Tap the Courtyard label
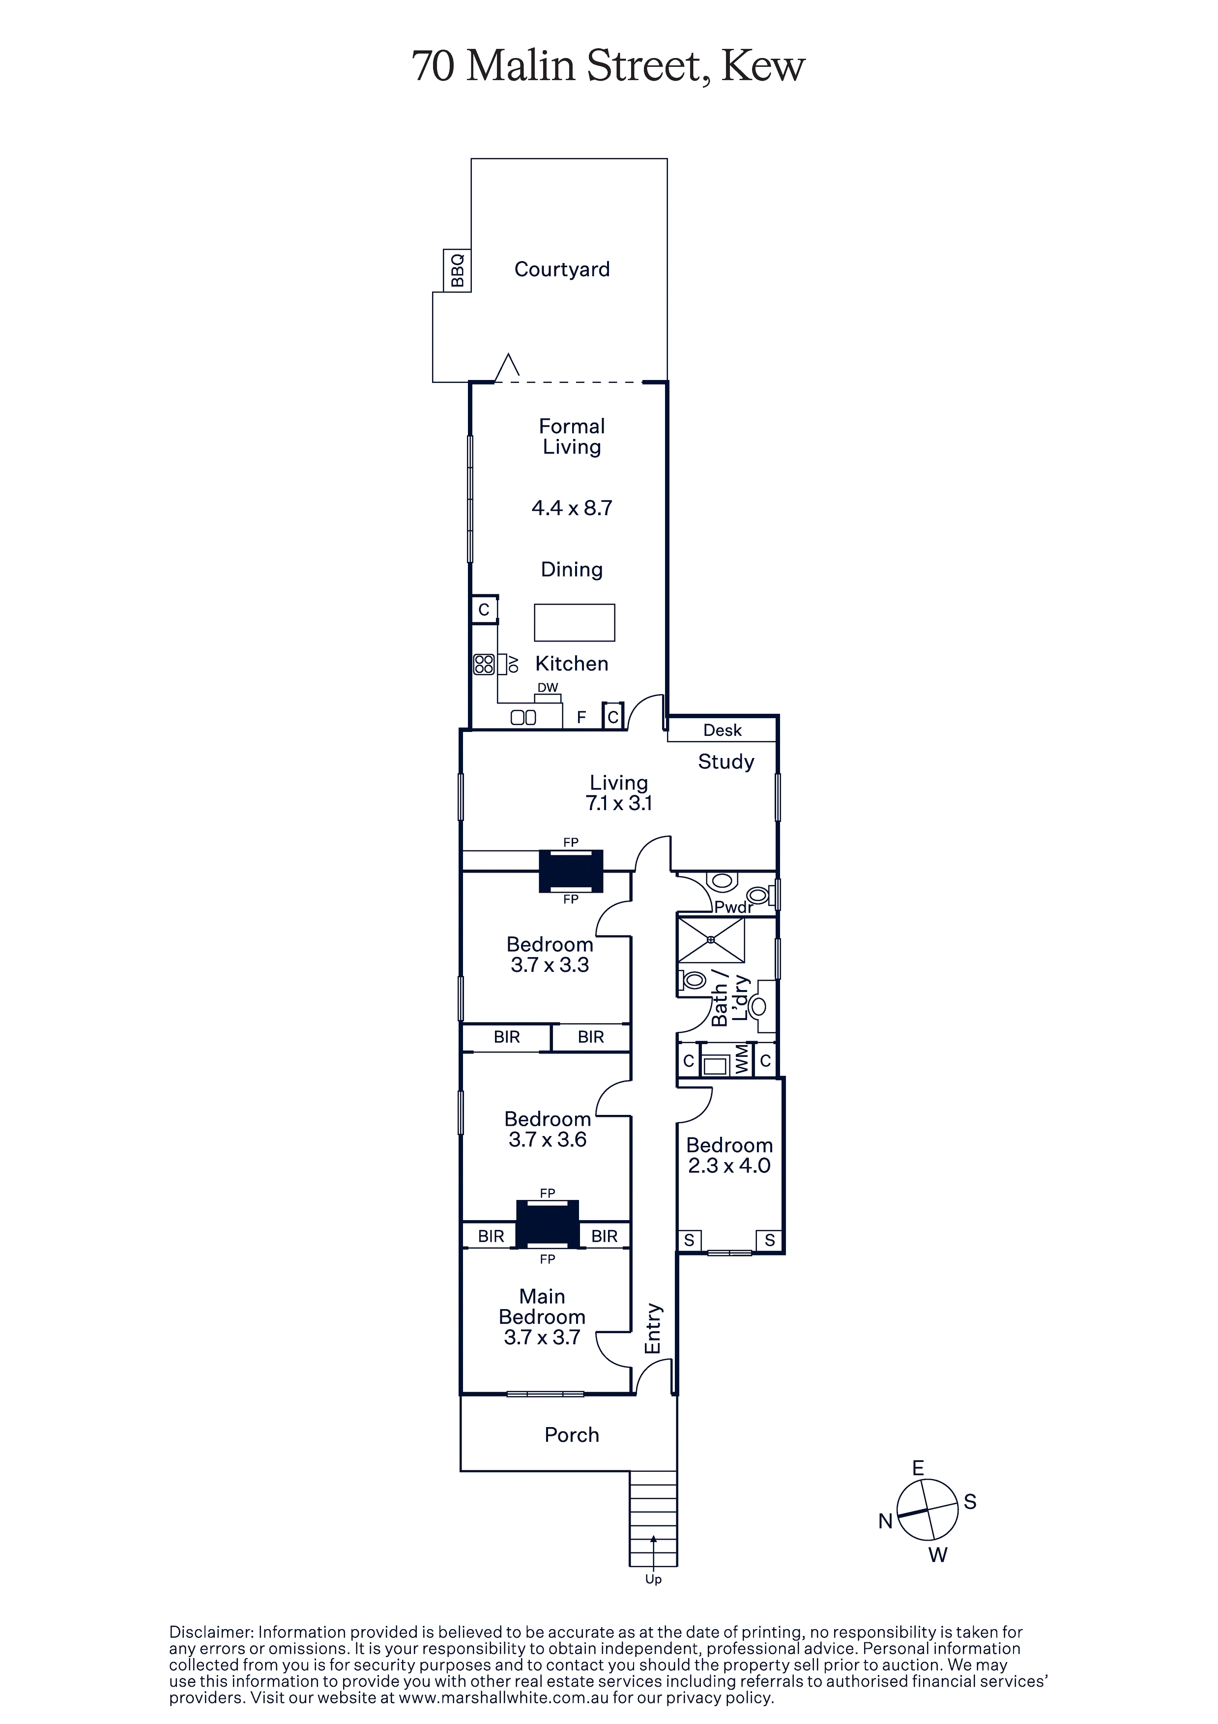[562, 269]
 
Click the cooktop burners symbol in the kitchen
[484, 664]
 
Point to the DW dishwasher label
[548, 687]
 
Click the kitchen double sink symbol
[523, 717]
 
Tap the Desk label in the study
[723, 730]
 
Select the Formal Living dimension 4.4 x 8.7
[572, 508]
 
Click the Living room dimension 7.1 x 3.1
[619, 803]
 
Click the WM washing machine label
[742, 1059]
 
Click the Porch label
[572, 1435]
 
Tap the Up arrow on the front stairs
[653, 1548]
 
